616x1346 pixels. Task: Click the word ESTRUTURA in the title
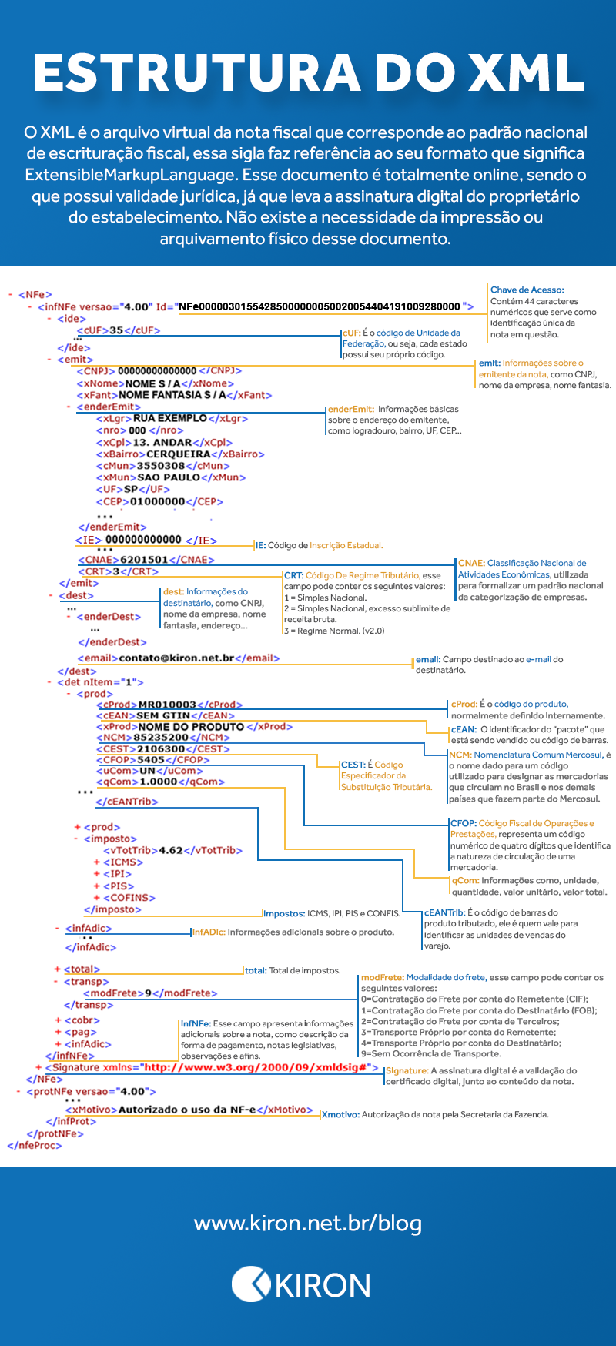(x=197, y=73)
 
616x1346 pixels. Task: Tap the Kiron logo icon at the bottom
(x=250, y=1284)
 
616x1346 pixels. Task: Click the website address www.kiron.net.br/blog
(x=308, y=1223)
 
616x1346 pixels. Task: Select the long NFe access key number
(x=320, y=306)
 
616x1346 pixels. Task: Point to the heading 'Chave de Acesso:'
(x=527, y=290)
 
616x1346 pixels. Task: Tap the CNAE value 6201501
(x=144, y=560)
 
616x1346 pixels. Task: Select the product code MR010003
(x=167, y=705)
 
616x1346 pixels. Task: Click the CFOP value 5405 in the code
(x=151, y=760)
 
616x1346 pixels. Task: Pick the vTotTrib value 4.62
(x=171, y=850)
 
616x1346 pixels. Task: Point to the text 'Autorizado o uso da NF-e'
(x=187, y=1110)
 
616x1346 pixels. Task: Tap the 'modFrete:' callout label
(x=383, y=977)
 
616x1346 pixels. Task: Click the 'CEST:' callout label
(x=353, y=765)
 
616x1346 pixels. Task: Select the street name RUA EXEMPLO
(x=170, y=418)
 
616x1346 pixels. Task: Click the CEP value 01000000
(x=158, y=501)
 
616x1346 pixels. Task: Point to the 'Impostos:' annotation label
(x=284, y=913)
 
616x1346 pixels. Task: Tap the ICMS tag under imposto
(x=123, y=862)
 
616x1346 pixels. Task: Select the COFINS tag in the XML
(x=129, y=898)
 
